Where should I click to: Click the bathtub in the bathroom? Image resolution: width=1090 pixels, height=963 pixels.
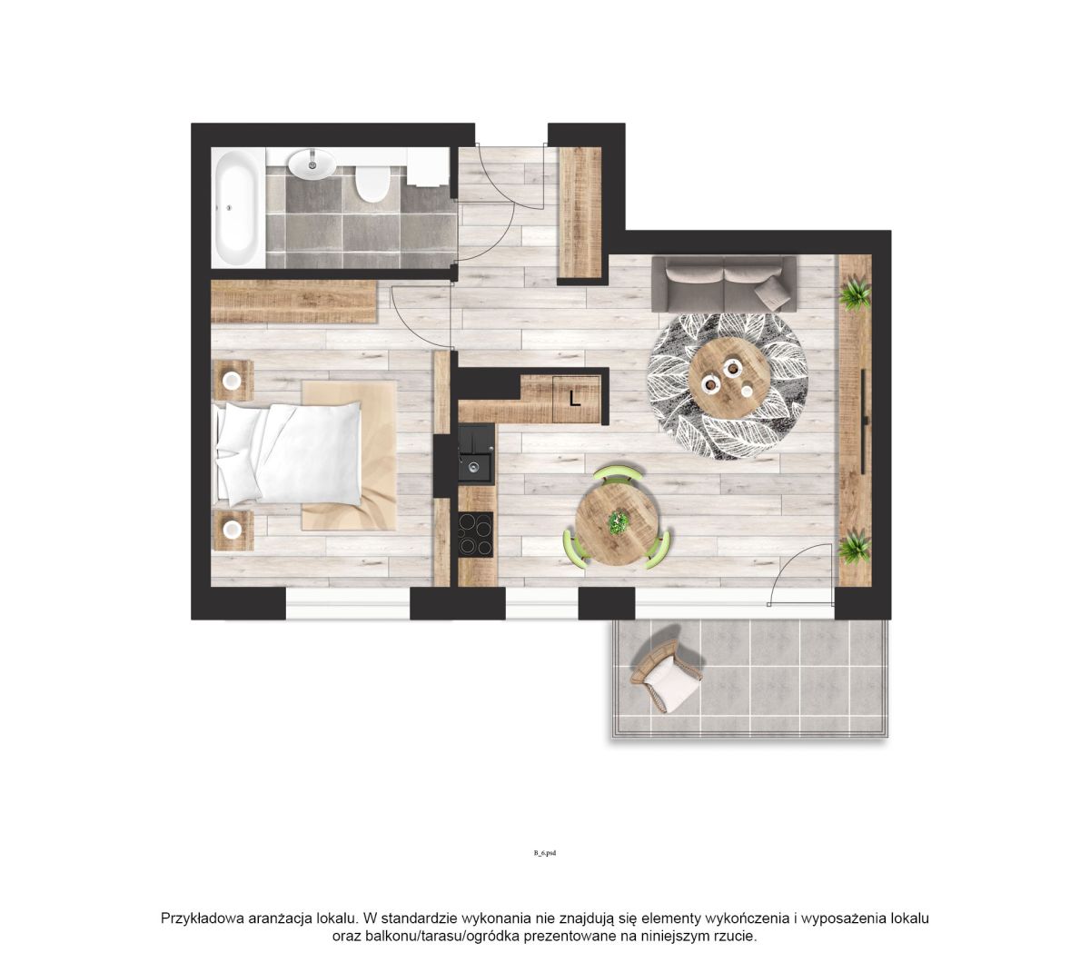(238, 208)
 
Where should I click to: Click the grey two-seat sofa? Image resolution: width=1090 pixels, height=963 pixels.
(724, 283)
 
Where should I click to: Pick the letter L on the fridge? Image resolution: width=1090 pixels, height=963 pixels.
(575, 399)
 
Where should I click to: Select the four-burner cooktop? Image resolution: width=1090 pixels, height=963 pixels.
(476, 533)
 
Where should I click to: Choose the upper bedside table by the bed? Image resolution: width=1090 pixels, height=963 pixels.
(233, 380)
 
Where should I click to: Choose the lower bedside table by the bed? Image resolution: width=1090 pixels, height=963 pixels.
(233, 530)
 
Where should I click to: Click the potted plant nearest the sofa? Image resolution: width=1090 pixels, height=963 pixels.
(855, 293)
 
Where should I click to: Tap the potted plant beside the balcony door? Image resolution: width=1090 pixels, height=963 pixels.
(855, 546)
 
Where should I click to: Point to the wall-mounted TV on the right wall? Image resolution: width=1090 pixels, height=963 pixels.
(864, 421)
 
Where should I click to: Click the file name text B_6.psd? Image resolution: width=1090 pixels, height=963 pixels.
(544, 853)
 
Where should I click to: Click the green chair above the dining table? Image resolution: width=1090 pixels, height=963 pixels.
(617, 474)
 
